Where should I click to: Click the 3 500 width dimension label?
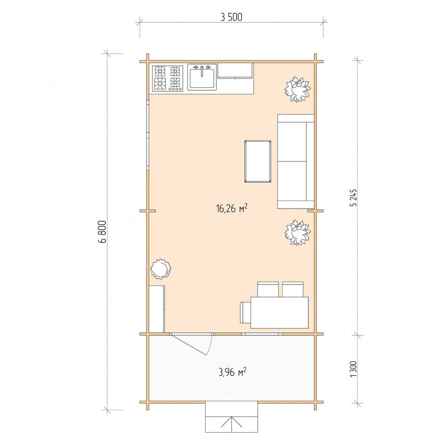tap(231, 17)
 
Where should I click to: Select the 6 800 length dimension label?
tap(102, 231)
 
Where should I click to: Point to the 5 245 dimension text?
tap(354, 197)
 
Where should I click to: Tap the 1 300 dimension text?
tap(354, 369)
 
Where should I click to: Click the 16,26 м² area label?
tap(232, 208)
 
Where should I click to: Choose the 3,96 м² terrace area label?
tap(232, 372)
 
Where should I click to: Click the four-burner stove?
tap(167, 78)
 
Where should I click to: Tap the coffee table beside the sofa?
tap(258, 161)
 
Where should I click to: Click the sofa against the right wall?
tap(296, 162)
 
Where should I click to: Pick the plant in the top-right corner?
tap(297, 89)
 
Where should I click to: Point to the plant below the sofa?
tap(297, 232)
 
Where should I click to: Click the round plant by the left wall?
tap(160, 269)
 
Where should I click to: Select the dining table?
tap(279, 313)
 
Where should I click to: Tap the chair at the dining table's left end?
tap(245, 312)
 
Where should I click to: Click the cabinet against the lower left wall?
tap(157, 309)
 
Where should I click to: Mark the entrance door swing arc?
tap(210, 345)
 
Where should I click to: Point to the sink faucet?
tap(202, 71)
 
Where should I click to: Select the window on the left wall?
tap(148, 135)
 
